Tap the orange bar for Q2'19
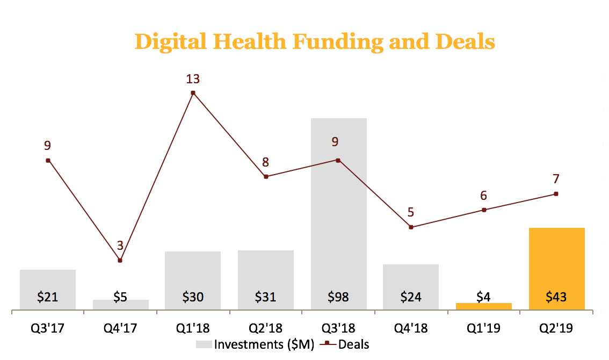[x=556, y=263]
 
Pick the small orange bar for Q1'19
[x=484, y=306]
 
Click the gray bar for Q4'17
[x=120, y=305]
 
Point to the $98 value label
[x=338, y=297]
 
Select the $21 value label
[x=47, y=297]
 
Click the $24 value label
[x=411, y=297]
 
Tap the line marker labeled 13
[x=193, y=93]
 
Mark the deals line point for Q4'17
[x=120, y=261]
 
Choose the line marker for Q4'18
[x=411, y=227]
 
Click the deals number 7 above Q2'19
[x=556, y=179]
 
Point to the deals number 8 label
[x=265, y=162]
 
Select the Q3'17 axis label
[x=47, y=328]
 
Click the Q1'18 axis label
[x=193, y=328]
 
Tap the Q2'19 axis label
[x=556, y=328]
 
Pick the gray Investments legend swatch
[x=203, y=344]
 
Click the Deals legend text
[x=353, y=344]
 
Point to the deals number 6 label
[x=484, y=196]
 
